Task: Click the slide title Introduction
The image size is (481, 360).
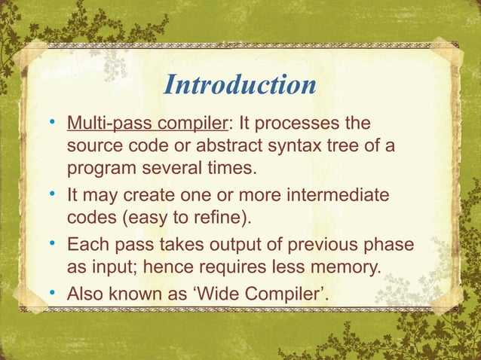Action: [x=240, y=85]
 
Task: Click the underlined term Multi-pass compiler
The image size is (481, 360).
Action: [x=142, y=123]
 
